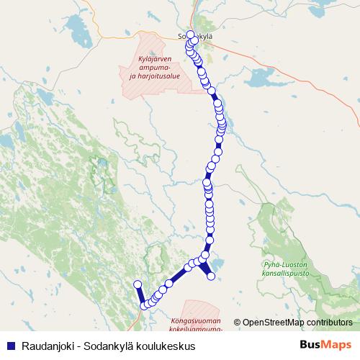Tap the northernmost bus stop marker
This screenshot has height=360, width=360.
click(x=190, y=35)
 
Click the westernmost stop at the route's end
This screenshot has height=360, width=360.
click(x=137, y=285)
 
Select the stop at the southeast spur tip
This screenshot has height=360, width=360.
click(x=212, y=276)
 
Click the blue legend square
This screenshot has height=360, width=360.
click(x=10, y=346)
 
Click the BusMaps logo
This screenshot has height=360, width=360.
click(x=325, y=345)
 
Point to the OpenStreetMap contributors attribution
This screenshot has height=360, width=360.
click(x=296, y=322)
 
